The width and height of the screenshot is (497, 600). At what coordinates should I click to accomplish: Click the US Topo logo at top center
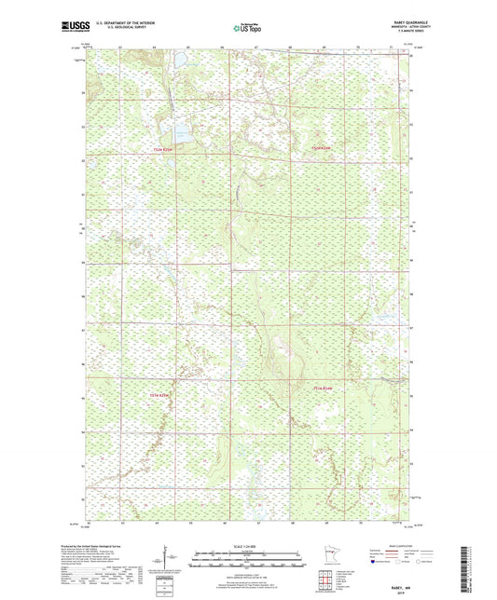click(241, 29)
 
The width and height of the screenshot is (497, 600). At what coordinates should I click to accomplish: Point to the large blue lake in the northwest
click(179, 133)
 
